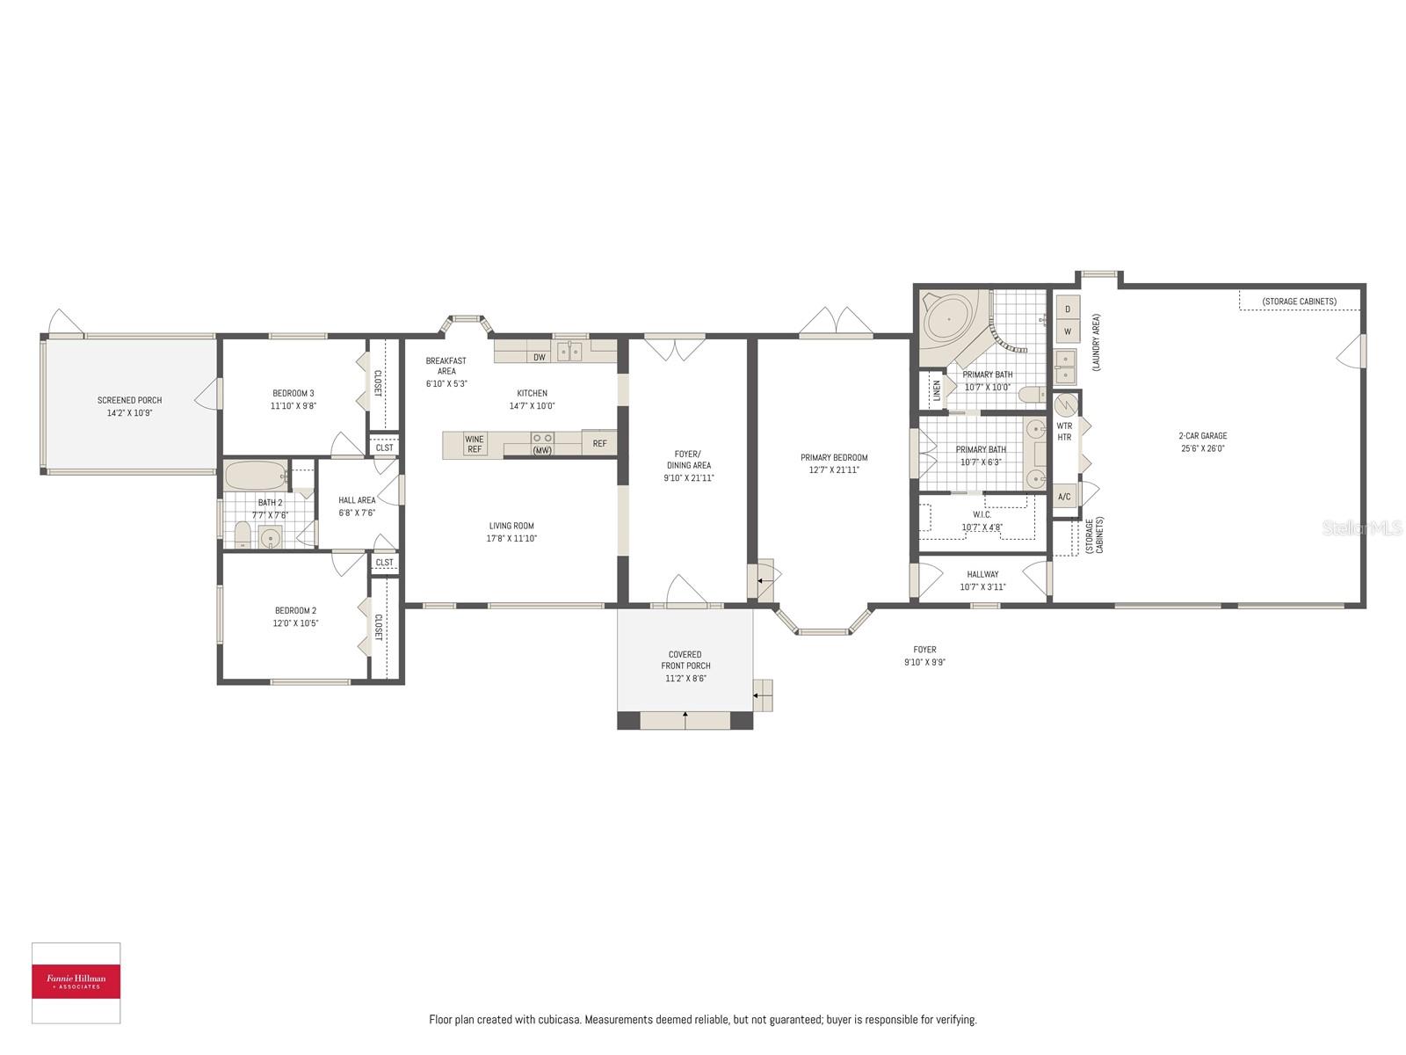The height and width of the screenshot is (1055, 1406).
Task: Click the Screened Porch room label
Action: point(129,400)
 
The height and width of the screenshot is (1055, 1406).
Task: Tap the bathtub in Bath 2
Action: point(255,476)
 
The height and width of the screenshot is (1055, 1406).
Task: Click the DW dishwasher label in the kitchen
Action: point(540,357)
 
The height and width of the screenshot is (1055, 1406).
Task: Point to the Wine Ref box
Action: point(475,444)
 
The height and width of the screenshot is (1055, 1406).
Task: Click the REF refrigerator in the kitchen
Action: point(599,444)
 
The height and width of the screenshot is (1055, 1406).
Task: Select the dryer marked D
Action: point(1068,309)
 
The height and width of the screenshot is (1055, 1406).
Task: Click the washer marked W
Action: point(1068,331)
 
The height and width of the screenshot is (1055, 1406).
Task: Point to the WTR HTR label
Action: point(1064,431)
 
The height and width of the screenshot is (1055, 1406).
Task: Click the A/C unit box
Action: point(1064,497)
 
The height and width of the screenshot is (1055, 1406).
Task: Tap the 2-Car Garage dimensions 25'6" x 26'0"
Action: point(1203,448)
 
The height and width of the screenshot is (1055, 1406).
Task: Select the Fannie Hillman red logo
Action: point(76,981)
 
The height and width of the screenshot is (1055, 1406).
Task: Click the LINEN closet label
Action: point(937,389)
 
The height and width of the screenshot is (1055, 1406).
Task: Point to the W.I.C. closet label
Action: point(982,514)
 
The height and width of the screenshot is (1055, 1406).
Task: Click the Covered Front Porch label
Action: point(685,659)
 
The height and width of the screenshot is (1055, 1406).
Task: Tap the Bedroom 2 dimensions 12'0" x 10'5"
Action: point(296,623)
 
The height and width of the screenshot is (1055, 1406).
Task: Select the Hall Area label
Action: point(357,500)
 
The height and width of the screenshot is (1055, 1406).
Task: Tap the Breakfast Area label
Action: point(446,366)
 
